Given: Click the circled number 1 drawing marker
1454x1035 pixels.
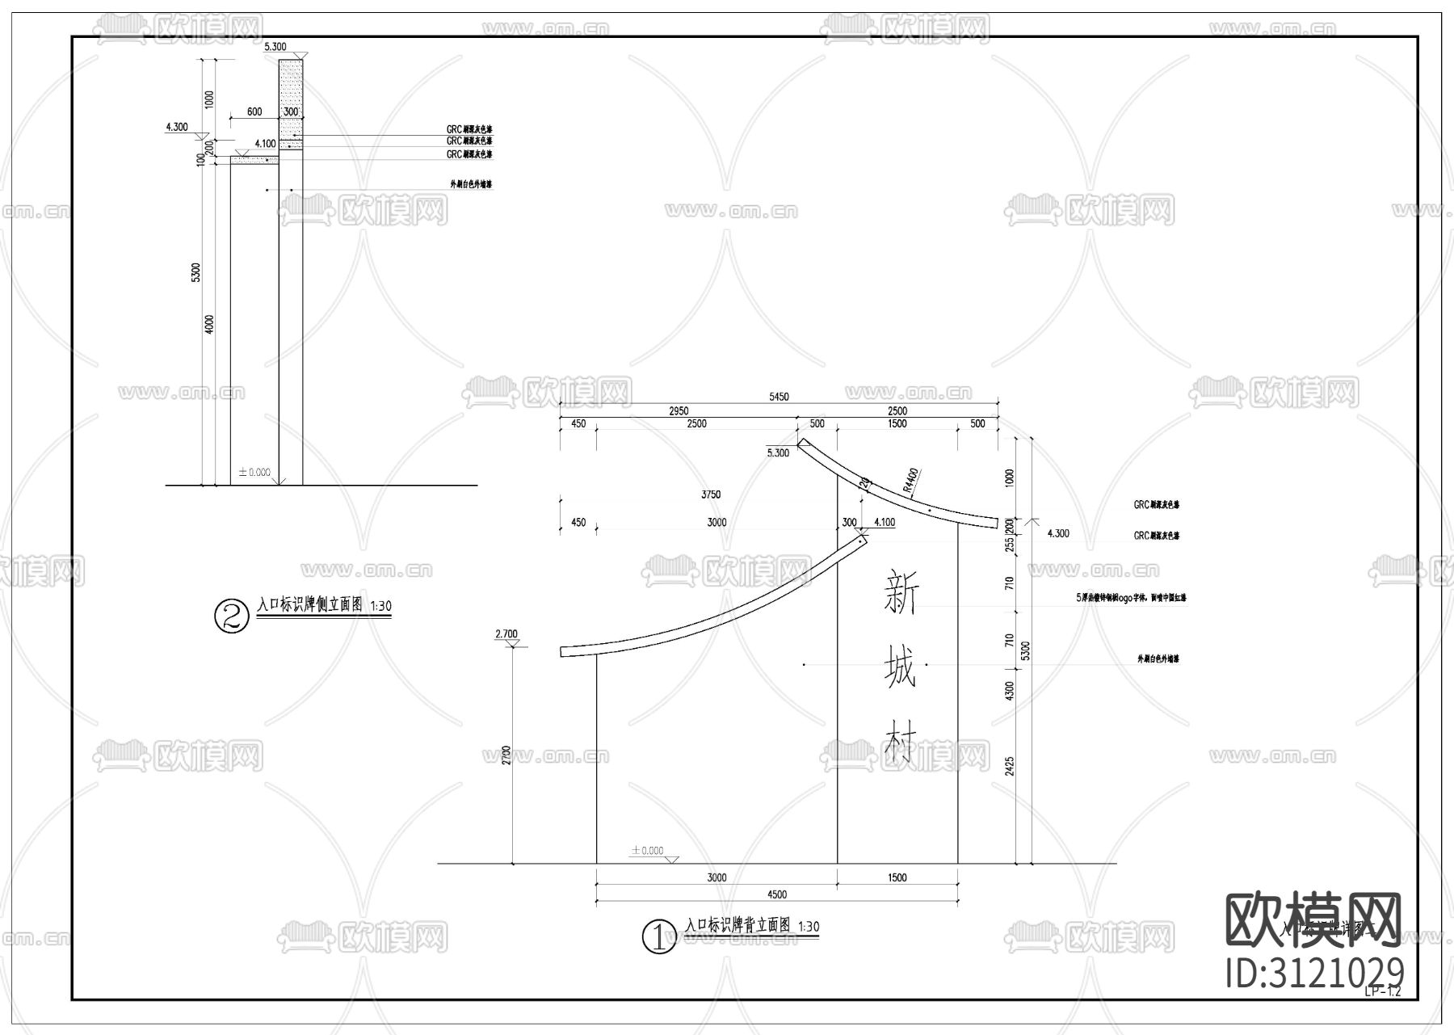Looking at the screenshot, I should (658, 937).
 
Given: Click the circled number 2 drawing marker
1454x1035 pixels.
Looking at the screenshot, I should (231, 616).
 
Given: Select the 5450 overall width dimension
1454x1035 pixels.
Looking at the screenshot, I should (779, 397).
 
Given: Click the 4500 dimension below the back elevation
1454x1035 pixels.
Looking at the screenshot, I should (776, 894).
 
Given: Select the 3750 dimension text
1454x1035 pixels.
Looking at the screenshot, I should (711, 494).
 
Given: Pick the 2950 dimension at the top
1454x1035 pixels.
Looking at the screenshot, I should (678, 411).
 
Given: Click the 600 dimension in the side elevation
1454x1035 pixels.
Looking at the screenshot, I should (254, 112).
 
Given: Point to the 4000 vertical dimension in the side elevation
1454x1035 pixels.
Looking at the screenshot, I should (209, 325).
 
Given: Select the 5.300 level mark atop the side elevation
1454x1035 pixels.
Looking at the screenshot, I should (275, 47).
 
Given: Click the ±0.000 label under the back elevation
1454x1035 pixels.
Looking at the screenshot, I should (647, 851).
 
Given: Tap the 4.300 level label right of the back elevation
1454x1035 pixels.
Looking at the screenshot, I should (1057, 533).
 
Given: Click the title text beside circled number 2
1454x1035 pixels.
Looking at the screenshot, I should (310, 604).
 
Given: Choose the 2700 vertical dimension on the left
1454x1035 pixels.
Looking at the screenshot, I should (506, 755).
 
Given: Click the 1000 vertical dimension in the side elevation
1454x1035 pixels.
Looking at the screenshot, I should (209, 99).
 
